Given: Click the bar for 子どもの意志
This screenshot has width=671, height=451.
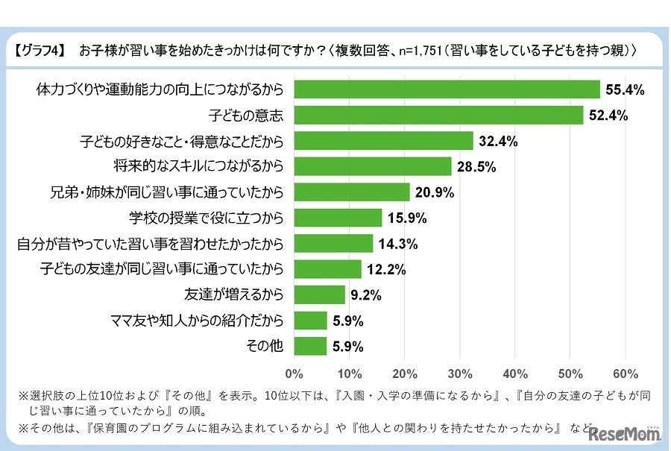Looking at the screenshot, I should (438, 116).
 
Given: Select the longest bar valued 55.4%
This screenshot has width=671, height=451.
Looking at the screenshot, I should (447, 90).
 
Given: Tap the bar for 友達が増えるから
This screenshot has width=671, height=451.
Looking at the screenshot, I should (320, 294).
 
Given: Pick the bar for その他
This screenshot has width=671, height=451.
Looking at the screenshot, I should (311, 346).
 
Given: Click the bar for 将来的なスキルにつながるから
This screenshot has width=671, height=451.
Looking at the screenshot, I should (373, 166).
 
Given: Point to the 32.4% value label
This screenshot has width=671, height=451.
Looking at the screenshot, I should (500, 141).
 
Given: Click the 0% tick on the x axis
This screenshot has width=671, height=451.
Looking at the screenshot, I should (294, 373).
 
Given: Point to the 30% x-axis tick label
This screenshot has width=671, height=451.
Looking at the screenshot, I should (460, 373).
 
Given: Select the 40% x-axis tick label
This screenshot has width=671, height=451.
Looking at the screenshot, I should (515, 373).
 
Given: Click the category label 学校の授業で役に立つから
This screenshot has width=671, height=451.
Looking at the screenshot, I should (207, 218).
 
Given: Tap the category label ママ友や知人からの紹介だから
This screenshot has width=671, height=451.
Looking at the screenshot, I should (197, 321).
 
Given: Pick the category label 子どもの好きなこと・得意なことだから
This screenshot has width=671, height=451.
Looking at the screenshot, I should (182, 141).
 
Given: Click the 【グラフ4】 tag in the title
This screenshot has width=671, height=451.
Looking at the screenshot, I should (39, 51).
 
